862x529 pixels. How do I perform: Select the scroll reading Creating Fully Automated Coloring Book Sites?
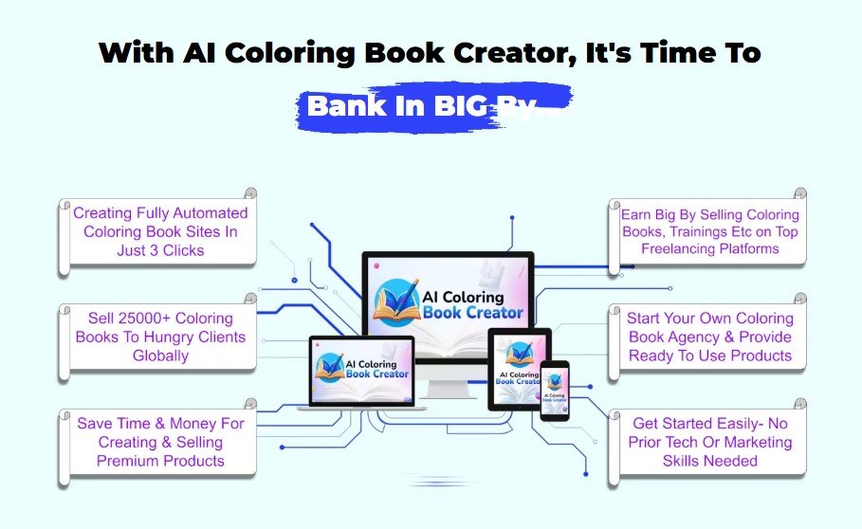click(157, 231)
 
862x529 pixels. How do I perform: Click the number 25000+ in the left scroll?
click(143, 319)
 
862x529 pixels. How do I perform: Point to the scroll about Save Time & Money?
click(157, 442)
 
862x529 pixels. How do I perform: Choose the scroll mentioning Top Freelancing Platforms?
click(708, 231)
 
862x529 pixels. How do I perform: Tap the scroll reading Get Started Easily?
click(708, 442)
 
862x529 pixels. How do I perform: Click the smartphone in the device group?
click(554, 391)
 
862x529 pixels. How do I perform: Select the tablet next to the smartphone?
click(519, 369)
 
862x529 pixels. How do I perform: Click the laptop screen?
click(361, 371)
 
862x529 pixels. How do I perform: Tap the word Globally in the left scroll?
click(160, 356)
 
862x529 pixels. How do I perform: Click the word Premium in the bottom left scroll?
click(127, 461)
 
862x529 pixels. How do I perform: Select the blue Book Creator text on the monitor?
click(473, 313)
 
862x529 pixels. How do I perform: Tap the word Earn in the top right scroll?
click(636, 215)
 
